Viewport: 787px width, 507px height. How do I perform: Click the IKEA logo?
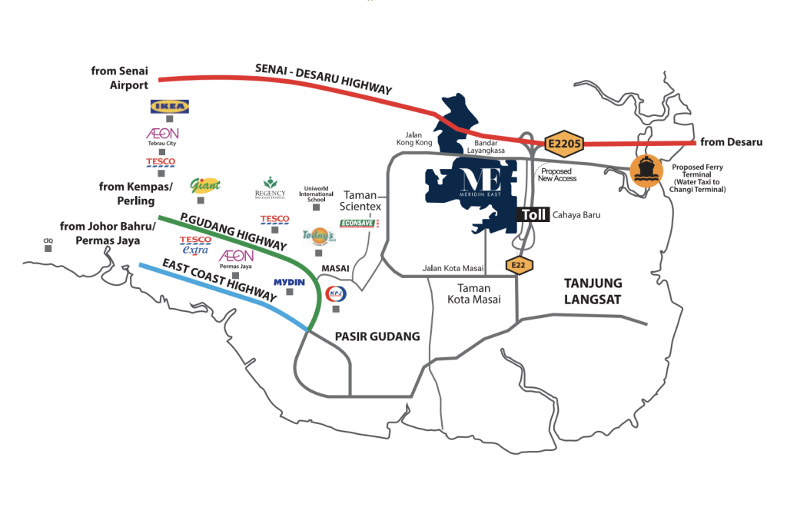[x=170, y=107]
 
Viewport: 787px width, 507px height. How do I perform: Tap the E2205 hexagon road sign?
[x=564, y=144]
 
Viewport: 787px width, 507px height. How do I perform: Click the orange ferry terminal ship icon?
[x=646, y=171]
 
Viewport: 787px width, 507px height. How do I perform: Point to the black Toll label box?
[x=533, y=215]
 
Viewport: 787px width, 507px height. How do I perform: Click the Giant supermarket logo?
[x=205, y=185]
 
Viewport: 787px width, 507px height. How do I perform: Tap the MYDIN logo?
[x=289, y=282]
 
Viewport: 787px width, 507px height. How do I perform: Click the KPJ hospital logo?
[x=336, y=293]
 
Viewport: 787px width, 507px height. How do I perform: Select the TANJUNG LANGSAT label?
[x=593, y=292]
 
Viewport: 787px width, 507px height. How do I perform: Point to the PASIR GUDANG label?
[x=377, y=336]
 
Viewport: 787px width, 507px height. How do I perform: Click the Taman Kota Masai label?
[x=469, y=293]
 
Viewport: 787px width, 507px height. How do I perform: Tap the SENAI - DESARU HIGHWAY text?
[x=324, y=79]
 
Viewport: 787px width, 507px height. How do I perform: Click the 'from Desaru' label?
[x=730, y=142]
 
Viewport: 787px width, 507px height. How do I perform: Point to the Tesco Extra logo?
[x=194, y=245]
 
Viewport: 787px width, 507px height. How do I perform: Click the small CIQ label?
[x=48, y=240]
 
